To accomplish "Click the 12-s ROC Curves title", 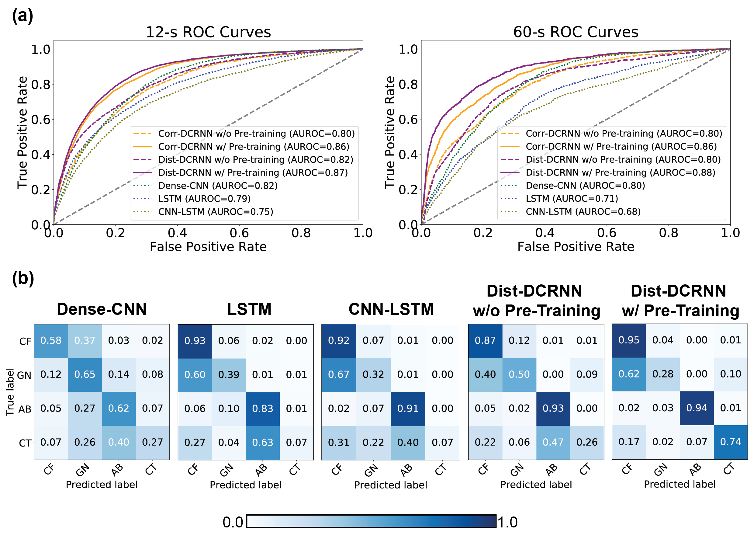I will tap(208, 32).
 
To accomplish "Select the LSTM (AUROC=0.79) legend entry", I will tap(204, 198).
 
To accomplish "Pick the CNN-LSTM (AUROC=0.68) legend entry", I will tap(583, 211).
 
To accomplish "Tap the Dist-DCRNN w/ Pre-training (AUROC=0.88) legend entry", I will tap(620, 172).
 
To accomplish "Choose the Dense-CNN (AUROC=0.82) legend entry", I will tap(218, 186).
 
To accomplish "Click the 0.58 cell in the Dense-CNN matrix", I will tap(51, 341).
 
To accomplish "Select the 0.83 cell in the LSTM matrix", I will tap(262, 408).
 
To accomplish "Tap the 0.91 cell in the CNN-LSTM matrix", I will tap(408, 408).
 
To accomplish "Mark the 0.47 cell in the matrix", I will tap(553, 442).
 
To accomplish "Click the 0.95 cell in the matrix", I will tap(629, 340).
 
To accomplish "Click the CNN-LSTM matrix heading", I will tap(391, 309).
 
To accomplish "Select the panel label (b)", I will tap(23, 278).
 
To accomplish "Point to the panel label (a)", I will tap(22, 16).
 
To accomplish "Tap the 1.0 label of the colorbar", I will tap(507, 522).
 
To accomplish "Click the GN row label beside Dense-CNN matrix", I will tap(24, 375).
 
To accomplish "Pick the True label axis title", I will tap(10, 392).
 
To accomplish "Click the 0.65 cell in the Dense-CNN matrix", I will tap(85, 374).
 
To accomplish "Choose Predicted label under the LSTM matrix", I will tap(245, 485).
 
